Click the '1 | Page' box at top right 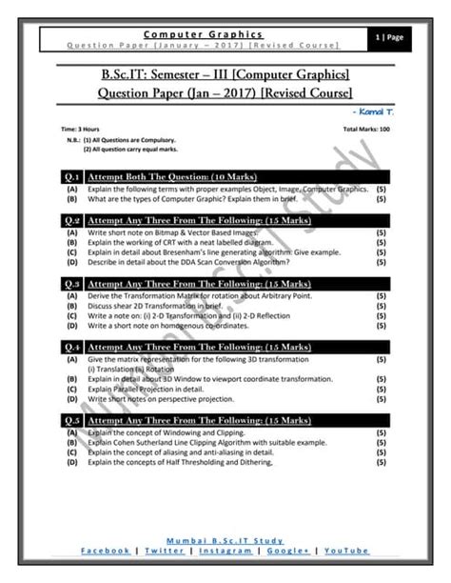(391, 37)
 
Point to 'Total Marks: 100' (364, 128)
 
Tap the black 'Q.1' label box (71, 176)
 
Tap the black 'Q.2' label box (71, 220)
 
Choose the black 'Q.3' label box (71, 284)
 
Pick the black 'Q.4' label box (71, 348)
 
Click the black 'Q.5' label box (71, 420)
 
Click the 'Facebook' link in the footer (106, 551)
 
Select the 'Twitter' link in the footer (166, 551)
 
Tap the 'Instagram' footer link (226, 551)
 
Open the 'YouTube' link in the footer (346, 551)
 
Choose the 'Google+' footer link (290, 551)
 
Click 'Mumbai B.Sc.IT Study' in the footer (225, 540)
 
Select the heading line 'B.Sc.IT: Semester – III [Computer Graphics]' (225, 74)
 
